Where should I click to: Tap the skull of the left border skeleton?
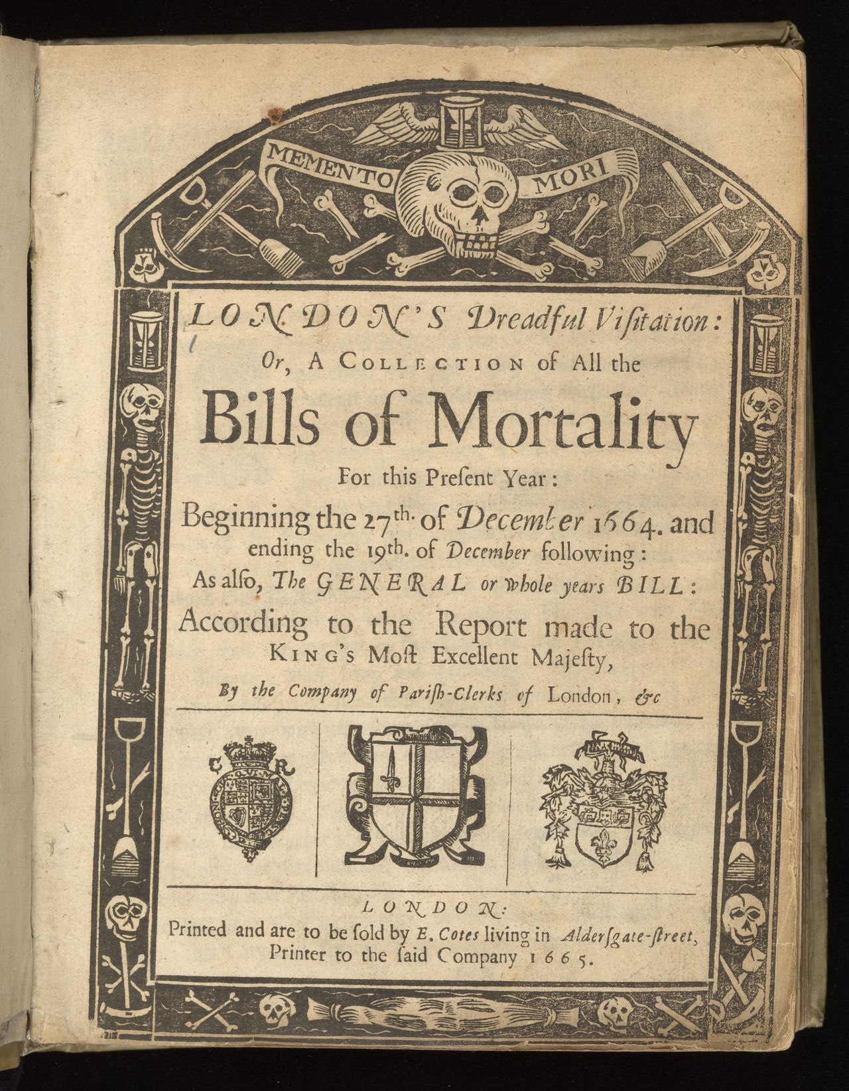pos(142,405)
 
